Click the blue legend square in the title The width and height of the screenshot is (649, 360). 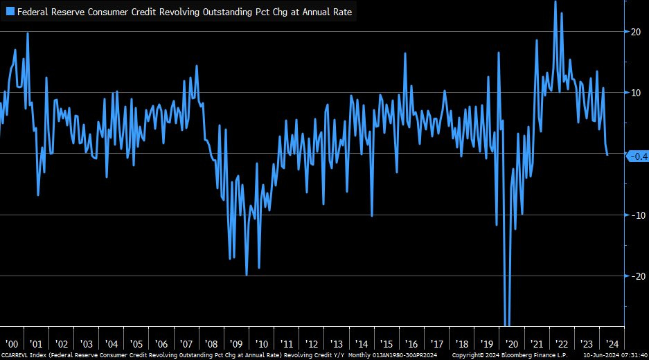point(10,12)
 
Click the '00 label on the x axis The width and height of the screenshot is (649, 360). point(11,344)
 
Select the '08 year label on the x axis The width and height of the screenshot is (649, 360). point(211,344)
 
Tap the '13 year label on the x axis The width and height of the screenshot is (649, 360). point(336,344)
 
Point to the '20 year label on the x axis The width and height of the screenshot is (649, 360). point(511,344)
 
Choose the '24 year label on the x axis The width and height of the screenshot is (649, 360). point(611,344)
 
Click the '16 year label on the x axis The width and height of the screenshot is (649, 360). point(411,344)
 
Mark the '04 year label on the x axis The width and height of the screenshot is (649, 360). point(111,344)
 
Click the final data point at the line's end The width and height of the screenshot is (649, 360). point(607,154)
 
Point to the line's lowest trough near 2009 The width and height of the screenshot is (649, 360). point(247,275)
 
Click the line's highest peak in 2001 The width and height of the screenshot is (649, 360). point(28,33)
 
